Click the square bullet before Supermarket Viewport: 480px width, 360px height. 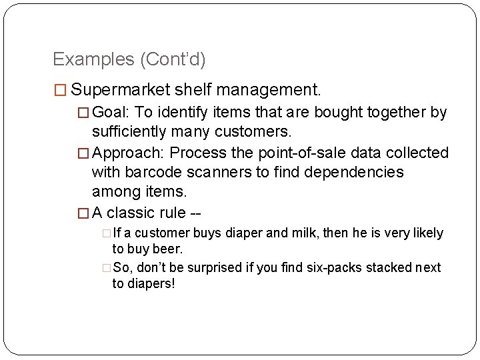click(60, 89)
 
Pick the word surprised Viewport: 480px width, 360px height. click(214, 268)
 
